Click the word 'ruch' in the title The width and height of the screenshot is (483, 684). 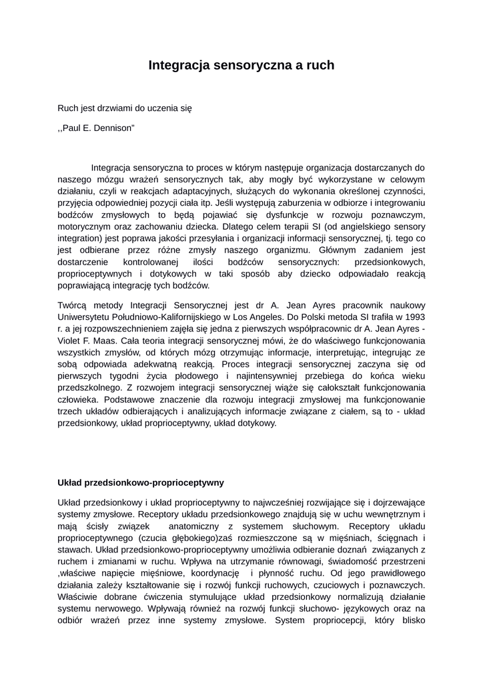(320, 65)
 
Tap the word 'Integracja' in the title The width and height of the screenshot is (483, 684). (176, 65)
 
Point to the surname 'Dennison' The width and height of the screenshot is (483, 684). (115, 126)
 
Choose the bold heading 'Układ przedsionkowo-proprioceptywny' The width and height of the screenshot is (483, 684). (141, 482)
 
